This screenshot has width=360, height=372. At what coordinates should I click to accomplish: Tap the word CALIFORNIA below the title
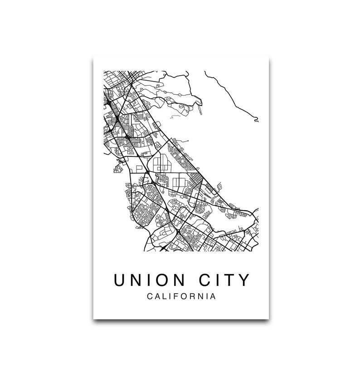click(x=181, y=297)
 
